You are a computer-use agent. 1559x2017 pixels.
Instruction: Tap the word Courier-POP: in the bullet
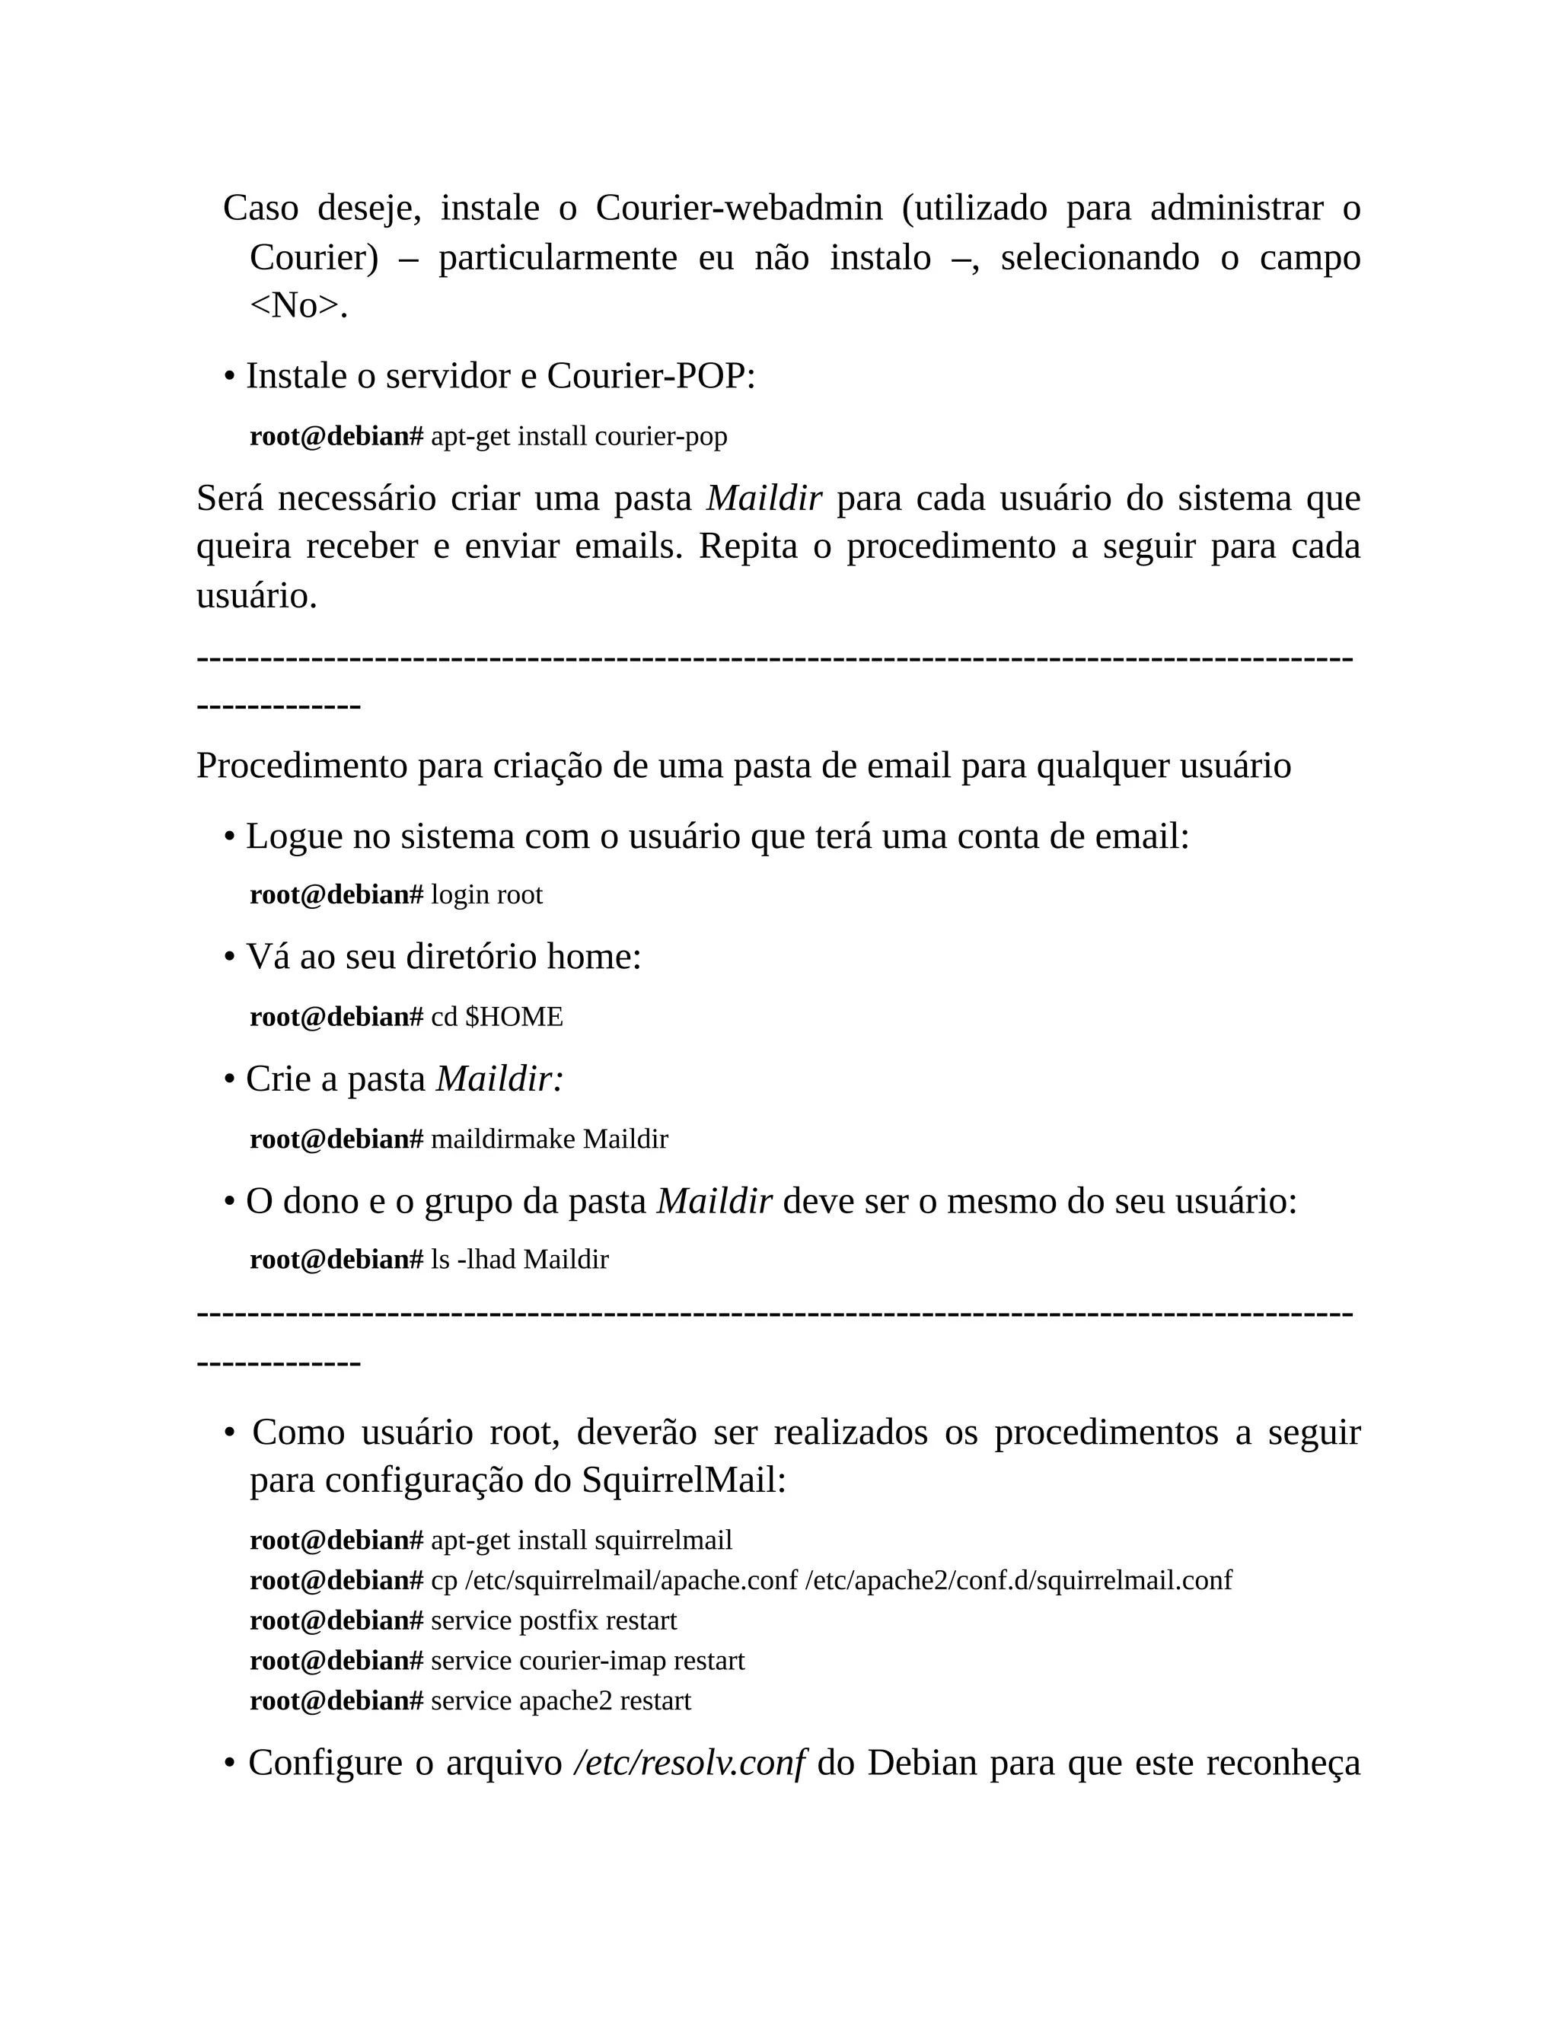(651, 377)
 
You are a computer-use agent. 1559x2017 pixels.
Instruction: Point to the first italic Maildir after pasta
(764, 499)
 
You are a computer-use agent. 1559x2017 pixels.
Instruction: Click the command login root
(486, 895)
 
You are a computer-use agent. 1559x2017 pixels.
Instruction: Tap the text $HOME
(514, 1018)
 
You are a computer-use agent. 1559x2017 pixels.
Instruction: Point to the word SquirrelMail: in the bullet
(684, 1480)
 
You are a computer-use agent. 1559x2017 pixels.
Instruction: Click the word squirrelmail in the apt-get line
(663, 1541)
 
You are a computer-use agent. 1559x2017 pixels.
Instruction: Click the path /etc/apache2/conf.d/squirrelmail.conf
(1018, 1581)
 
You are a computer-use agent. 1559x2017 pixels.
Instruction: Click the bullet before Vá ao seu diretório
(229, 958)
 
